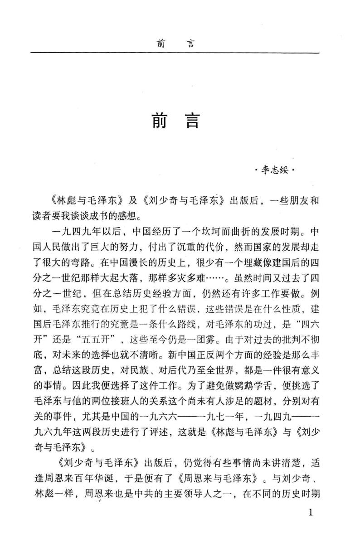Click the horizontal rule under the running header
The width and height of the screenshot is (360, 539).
coord(175,53)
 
